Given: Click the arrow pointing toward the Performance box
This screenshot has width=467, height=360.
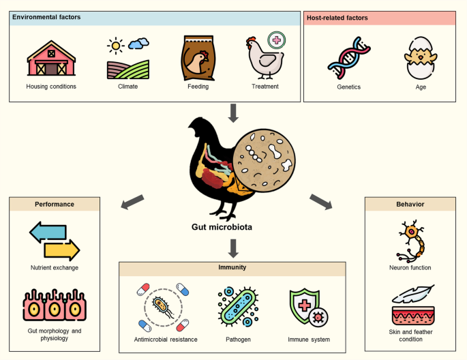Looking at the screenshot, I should pyautogui.click(x=132, y=202).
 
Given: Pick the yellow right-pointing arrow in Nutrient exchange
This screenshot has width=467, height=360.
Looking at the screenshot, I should pyautogui.click(x=61, y=250).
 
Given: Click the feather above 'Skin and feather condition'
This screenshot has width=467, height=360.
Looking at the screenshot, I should pyautogui.click(x=414, y=294).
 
